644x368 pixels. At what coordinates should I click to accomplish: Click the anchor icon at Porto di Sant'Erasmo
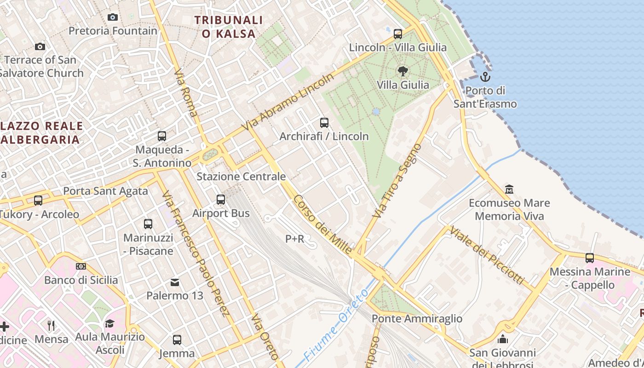[485, 76]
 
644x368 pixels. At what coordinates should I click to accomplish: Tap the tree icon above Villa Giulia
[403, 71]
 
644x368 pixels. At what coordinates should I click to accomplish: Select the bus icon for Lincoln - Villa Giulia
[398, 34]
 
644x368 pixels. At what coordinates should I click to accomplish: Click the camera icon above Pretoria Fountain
[113, 17]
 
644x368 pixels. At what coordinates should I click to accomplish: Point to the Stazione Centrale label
[241, 177]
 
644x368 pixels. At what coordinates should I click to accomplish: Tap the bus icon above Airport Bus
[221, 200]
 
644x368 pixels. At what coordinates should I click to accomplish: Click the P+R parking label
[295, 239]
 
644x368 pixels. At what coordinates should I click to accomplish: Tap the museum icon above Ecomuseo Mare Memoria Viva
[509, 189]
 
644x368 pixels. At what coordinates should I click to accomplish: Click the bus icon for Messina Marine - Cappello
[590, 258]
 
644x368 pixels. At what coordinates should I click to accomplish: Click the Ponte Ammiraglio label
[417, 318]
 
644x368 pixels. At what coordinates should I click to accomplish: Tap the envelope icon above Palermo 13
[175, 282]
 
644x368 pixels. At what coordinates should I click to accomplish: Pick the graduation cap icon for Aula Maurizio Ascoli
[109, 323]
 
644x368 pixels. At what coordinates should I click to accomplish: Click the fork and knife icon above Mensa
[51, 326]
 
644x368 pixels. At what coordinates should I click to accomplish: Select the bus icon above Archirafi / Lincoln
[324, 123]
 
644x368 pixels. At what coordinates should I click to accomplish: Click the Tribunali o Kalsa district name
[229, 27]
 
